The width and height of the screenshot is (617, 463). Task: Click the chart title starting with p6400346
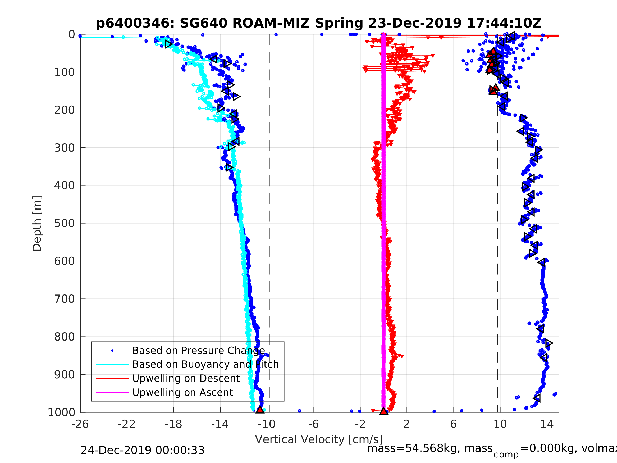click(x=318, y=23)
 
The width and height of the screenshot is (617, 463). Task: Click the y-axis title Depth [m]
click(x=37, y=224)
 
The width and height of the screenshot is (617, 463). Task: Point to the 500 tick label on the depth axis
click(x=65, y=223)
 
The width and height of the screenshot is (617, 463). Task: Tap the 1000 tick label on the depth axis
click(x=61, y=412)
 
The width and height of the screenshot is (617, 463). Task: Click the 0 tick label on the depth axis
click(x=72, y=35)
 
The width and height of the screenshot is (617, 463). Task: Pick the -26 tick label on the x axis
click(x=80, y=424)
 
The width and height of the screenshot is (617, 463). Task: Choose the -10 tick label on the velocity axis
click(x=266, y=424)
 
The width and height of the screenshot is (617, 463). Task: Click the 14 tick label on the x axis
click(x=547, y=424)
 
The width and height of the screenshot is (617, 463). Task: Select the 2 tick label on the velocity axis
click(x=406, y=424)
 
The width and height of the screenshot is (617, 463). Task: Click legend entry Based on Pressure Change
click(x=199, y=351)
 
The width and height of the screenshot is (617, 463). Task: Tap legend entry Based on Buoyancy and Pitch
click(x=205, y=365)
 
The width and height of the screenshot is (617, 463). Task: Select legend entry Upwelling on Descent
click(x=186, y=378)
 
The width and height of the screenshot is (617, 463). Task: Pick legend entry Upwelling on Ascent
click(x=182, y=392)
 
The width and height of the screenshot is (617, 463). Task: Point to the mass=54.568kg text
click(x=429, y=448)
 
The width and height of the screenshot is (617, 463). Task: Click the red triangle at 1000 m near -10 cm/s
click(x=260, y=410)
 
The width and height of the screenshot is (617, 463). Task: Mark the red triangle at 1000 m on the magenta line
click(x=383, y=411)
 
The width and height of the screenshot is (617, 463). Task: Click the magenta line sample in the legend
click(x=112, y=392)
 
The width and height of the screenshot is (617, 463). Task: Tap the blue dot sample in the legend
click(x=112, y=351)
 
